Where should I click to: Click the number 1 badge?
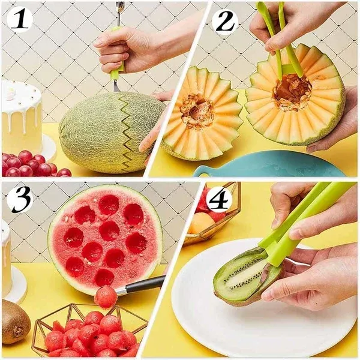(x=19, y=20)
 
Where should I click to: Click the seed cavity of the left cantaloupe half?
(x=197, y=111)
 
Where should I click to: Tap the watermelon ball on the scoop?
(x=106, y=296)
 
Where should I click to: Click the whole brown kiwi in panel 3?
(x=14, y=322)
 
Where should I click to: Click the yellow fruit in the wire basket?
(x=202, y=223)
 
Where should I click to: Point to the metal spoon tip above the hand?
(x=121, y=7)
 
